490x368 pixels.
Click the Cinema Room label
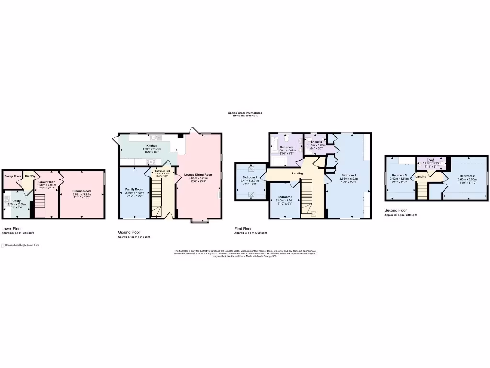(x=81, y=191)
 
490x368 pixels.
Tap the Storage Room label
(x=13, y=176)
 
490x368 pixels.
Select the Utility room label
(x=17, y=201)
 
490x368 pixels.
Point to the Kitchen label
(x=152, y=146)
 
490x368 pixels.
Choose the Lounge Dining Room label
(x=198, y=175)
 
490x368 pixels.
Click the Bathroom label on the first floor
(x=287, y=147)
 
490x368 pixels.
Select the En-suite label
(x=316, y=142)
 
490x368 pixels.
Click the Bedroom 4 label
(x=249, y=178)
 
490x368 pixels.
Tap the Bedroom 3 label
(x=285, y=197)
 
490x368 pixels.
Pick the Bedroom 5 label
(x=399, y=175)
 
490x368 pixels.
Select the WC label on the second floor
(x=432, y=160)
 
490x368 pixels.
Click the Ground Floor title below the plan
(x=128, y=232)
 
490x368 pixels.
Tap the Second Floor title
(x=396, y=210)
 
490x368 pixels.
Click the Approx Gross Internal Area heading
(x=245, y=113)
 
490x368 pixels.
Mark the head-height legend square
(x=3, y=245)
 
